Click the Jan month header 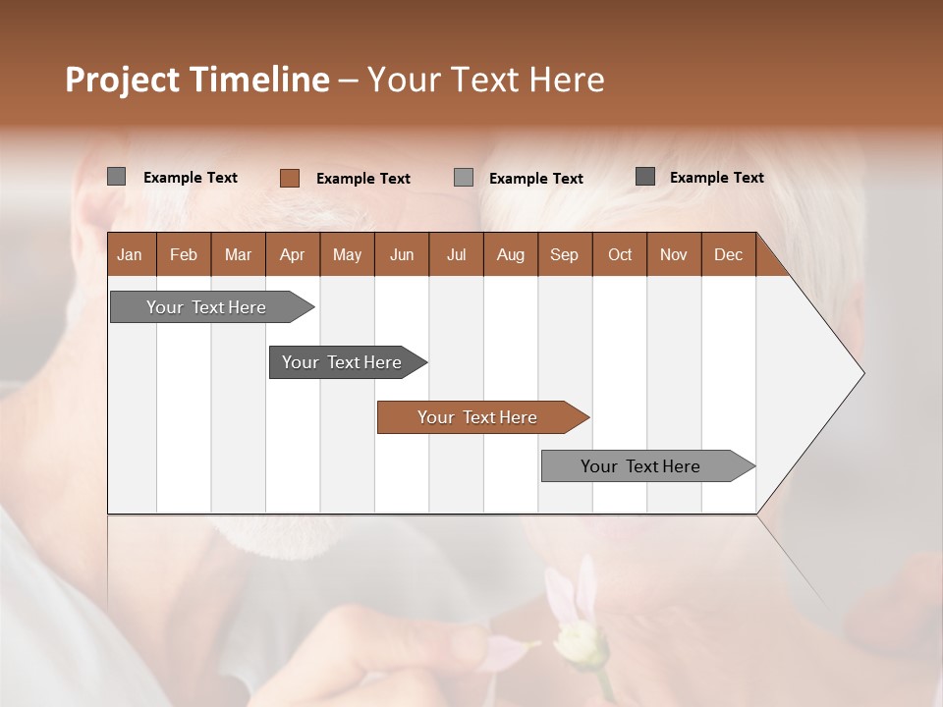coord(131,254)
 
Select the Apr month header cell coord(293,254)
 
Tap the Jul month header coord(456,254)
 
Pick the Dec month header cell coord(728,254)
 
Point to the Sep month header coord(564,254)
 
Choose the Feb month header coord(184,254)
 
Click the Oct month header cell coord(619,254)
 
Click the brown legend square coord(290,178)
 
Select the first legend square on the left coord(116,177)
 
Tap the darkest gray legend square coord(645,177)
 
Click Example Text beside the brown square coord(362,179)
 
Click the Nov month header coord(673,254)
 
